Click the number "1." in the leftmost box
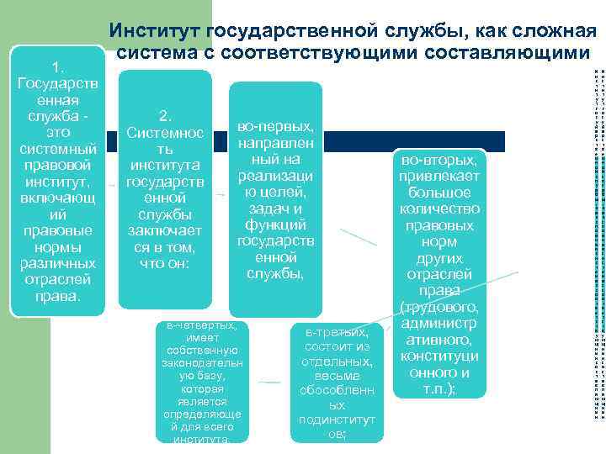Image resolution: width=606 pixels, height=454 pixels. [57, 67]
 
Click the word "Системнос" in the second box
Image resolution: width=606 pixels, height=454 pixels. [165, 133]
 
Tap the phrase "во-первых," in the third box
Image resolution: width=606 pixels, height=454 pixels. [275, 126]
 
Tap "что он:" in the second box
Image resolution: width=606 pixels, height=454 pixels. [165, 264]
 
